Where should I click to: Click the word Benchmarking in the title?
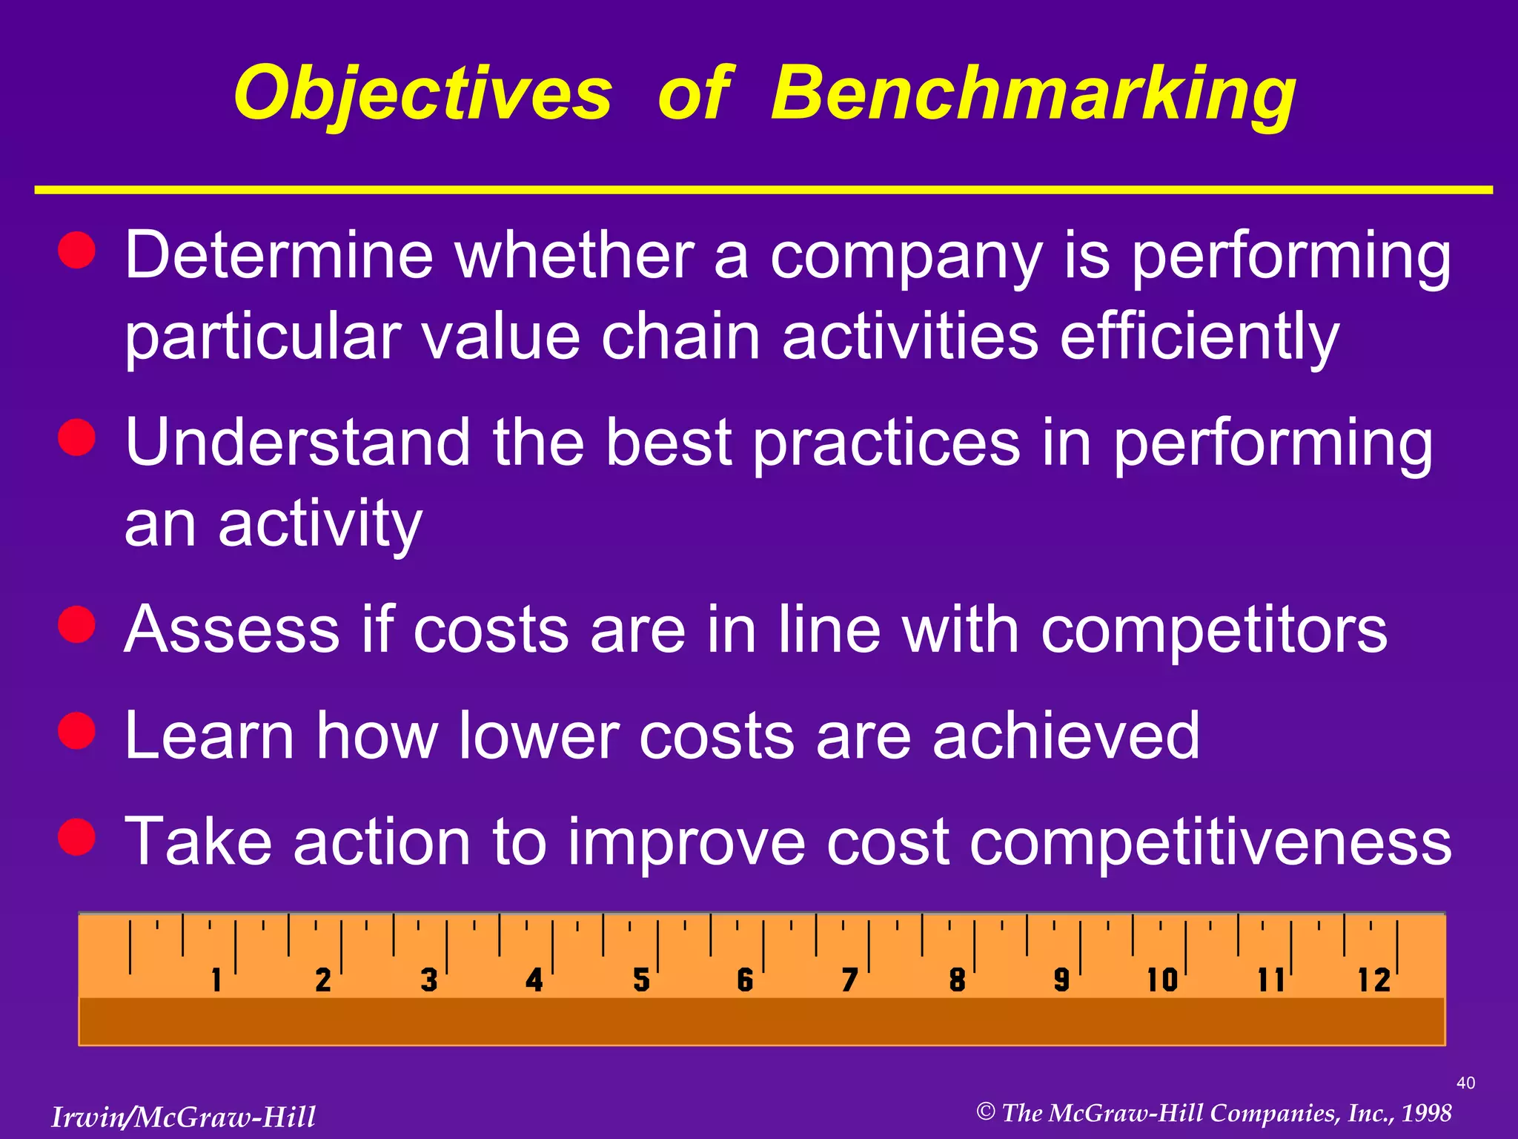pos(1033,95)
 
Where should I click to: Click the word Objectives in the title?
pos(422,95)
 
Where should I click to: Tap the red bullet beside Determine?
pos(77,249)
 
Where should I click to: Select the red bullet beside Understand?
pos(77,437)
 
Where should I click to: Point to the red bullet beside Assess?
pos(77,624)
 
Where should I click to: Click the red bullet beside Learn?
pos(77,730)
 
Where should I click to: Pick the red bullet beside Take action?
pos(77,836)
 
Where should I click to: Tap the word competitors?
pos(1213,630)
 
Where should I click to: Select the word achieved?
pos(1065,736)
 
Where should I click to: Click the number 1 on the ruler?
pos(216,980)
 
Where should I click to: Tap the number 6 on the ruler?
pos(745,980)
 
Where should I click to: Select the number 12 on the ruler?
pos(1373,980)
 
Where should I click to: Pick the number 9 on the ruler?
pos(1061,980)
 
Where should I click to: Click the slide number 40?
pos(1465,1083)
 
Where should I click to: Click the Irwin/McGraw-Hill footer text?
pos(183,1117)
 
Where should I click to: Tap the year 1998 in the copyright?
pos(1426,1113)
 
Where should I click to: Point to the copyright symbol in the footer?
pos(985,1112)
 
